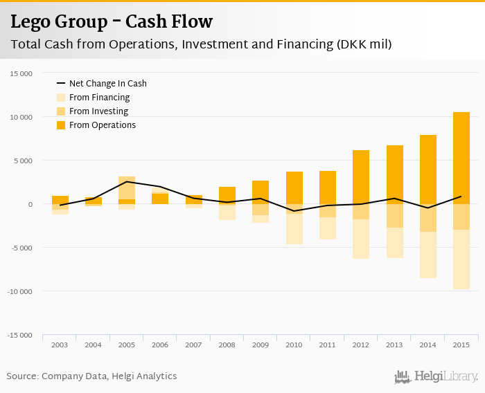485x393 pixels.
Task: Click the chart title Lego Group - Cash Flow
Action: click(112, 21)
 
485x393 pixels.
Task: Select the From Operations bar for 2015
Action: click(461, 158)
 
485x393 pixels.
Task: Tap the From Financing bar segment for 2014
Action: click(427, 255)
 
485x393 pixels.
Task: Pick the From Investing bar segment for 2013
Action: click(394, 216)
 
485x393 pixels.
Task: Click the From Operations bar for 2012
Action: click(361, 176)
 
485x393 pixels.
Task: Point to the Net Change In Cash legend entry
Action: click(107, 84)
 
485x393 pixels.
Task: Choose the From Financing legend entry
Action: click(99, 98)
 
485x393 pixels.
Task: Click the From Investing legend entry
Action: click(98, 111)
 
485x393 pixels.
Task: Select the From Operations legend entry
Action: click(102, 125)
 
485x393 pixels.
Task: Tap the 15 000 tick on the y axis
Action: click(21, 73)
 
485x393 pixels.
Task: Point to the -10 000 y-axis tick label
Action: click(19, 291)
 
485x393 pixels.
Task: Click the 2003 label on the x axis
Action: click(60, 345)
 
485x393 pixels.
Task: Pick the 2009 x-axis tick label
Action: click(260, 345)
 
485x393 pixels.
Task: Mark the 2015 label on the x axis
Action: click(461, 345)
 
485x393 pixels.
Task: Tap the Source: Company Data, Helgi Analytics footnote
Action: click(91, 376)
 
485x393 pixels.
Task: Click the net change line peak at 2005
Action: click(127, 182)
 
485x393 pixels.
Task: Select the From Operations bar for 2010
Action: click(294, 188)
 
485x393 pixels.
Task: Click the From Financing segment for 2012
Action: click(361, 239)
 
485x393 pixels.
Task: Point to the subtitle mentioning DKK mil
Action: click(201, 45)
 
